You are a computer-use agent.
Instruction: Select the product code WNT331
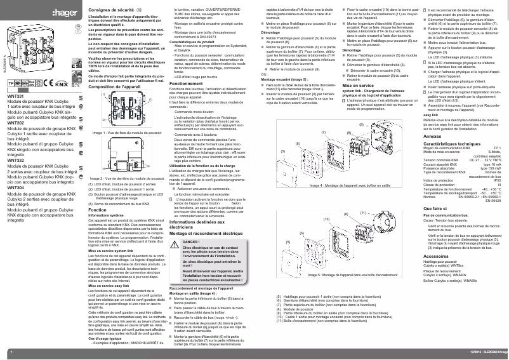(x=17, y=95)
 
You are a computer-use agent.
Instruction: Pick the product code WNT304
(x=17, y=188)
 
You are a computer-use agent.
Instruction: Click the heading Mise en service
(x=358, y=84)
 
